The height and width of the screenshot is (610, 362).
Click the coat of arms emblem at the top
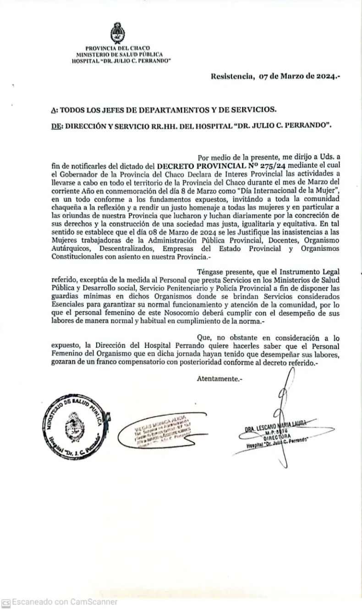tap(117, 33)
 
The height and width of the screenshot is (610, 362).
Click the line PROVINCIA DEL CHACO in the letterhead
tap(117, 48)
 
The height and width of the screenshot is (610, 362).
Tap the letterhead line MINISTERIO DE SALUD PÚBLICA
tap(119, 54)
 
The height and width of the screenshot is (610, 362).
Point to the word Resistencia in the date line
tap(232, 77)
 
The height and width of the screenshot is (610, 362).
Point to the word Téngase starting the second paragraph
tap(209, 272)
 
